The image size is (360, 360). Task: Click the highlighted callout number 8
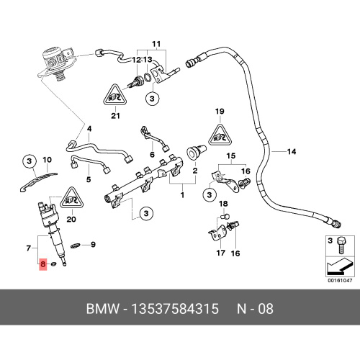coord(43,264)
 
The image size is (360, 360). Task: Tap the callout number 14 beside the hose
coord(292,152)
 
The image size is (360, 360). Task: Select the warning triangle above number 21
coord(115,95)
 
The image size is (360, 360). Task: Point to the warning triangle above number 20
coord(71,197)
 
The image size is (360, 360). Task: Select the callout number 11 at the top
coord(156,44)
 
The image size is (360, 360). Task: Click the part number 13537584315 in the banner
coord(175,309)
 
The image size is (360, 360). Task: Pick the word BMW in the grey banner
coord(103,309)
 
